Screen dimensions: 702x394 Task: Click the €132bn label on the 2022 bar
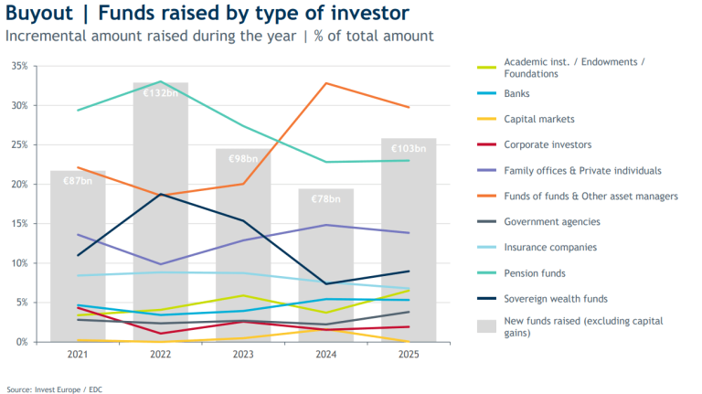click(160, 93)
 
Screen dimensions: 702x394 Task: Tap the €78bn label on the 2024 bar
click(326, 198)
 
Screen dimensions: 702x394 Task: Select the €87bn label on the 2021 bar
click(78, 181)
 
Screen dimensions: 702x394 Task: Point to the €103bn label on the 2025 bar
click(409, 149)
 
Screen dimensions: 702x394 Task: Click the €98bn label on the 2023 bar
click(243, 159)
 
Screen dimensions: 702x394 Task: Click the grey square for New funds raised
click(486, 326)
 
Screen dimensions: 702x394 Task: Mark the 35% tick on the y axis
click(20, 66)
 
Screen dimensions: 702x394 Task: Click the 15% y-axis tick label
click(20, 223)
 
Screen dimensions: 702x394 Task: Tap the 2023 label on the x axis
click(243, 354)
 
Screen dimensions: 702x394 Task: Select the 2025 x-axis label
click(409, 354)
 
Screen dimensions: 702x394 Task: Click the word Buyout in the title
click(39, 13)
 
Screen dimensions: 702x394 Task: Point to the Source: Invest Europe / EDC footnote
click(55, 389)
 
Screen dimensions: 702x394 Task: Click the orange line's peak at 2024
click(326, 83)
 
